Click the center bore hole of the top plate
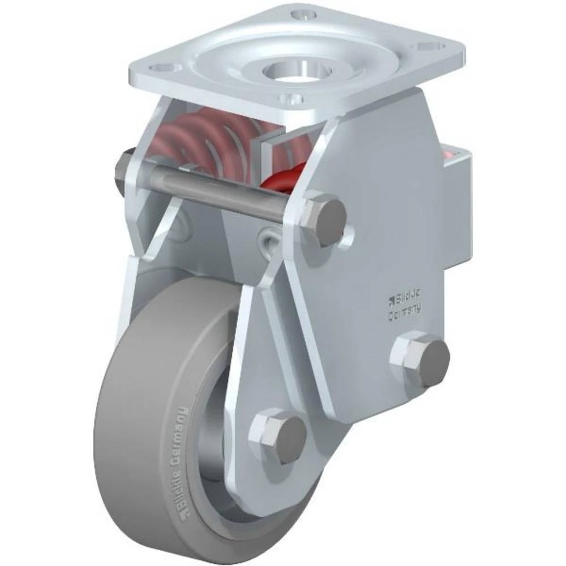tap(293, 72)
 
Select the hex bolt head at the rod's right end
tap(323, 221)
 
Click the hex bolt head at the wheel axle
tap(277, 435)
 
